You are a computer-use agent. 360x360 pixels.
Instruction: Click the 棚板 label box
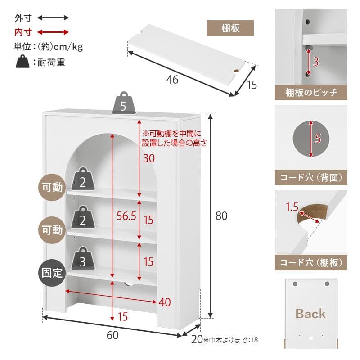pyautogui.click(x=230, y=28)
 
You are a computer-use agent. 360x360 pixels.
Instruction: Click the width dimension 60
pyautogui.click(x=112, y=335)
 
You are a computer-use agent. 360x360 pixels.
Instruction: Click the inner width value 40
pyautogui.click(x=165, y=302)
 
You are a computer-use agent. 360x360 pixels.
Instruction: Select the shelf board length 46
pyautogui.click(x=172, y=80)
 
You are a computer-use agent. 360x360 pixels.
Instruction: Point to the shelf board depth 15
pyautogui.click(x=252, y=84)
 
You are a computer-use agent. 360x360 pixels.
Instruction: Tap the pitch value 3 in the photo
pyautogui.click(x=315, y=62)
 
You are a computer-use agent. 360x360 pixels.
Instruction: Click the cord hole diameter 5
pyautogui.click(x=318, y=139)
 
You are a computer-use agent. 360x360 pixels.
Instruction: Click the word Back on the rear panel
pyautogui.click(x=310, y=314)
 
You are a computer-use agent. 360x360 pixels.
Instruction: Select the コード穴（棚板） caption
pyautogui.click(x=311, y=263)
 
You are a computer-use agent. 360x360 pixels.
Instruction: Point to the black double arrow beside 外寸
pyautogui.click(x=53, y=18)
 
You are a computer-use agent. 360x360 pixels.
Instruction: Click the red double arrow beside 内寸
pyautogui.click(x=53, y=32)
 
